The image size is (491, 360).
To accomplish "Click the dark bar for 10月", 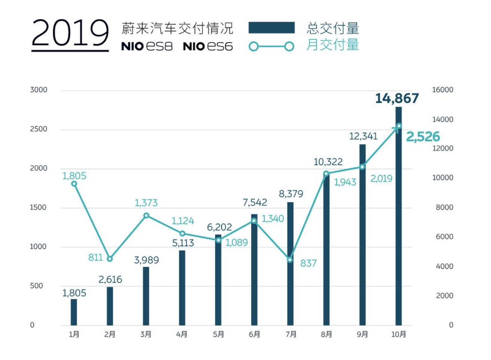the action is tap(399, 216).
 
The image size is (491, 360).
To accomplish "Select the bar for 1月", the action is tap(74, 312).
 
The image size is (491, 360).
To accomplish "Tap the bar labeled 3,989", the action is tap(146, 296).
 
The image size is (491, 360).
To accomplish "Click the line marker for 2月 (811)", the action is tap(110, 259).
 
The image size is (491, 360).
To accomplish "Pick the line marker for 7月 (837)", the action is tap(290, 260).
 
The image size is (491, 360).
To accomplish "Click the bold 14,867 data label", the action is tap(397, 98).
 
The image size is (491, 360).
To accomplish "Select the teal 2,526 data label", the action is tap(423, 137).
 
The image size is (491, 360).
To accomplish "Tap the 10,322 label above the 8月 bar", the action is tap(328, 162).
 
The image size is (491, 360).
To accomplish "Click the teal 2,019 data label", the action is tap(381, 179).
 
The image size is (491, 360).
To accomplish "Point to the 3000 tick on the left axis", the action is tap(39, 90).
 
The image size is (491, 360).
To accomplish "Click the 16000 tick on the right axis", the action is tap(443, 90).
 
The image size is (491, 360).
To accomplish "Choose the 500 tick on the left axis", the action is tap(36, 286).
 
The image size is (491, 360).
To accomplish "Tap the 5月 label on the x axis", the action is tap(218, 334).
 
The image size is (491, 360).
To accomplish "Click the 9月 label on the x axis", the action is tap(362, 334).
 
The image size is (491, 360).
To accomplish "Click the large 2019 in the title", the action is tap(70, 33).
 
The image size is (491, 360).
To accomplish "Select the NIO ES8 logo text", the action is tap(147, 46).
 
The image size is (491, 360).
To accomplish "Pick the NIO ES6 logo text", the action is tap(208, 46).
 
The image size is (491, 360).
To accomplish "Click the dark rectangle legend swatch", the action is tap(271, 28).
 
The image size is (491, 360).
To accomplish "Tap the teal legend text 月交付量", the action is tap(333, 45).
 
